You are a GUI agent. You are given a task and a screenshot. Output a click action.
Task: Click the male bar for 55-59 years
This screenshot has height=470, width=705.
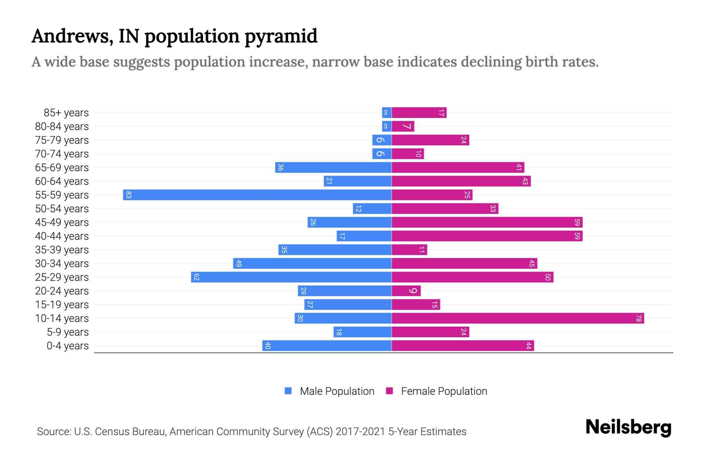point(257,195)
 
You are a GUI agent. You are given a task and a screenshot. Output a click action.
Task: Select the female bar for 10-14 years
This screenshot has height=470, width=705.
point(518,318)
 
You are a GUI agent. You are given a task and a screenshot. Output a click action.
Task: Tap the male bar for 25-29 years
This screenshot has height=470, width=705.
point(291,277)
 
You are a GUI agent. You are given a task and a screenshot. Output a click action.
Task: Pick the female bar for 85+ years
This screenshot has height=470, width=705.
point(419,113)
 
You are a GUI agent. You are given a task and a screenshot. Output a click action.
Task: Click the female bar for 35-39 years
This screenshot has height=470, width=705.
point(409,250)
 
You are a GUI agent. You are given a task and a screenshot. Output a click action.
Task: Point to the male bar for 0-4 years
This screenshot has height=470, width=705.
point(327,346)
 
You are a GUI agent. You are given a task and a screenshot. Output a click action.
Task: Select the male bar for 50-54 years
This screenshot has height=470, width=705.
point(372,209)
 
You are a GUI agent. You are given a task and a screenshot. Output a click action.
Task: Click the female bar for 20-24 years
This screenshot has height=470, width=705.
point(406,291)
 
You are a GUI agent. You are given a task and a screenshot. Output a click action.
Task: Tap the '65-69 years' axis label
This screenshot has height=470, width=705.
point(62,168)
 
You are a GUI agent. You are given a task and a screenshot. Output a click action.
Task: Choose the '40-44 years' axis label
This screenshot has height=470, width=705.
point(62,236)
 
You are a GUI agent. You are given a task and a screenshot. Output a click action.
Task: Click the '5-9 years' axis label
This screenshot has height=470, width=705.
point(68,332)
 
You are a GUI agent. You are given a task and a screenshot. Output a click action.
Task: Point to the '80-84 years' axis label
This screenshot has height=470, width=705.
point(62,127)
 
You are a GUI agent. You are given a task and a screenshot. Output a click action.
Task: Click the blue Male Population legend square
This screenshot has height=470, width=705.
point(288,391)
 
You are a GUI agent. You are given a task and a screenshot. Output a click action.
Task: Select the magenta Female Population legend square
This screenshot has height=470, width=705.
point(389,391)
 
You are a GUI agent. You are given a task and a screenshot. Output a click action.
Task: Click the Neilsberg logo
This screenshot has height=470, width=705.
point(628,427)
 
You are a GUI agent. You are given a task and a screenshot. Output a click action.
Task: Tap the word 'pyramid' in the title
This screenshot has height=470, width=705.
point(281,36)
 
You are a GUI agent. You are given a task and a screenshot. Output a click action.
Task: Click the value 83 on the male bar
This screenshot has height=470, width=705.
point(128,195)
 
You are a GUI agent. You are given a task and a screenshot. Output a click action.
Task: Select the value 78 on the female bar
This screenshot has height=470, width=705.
point(638,318)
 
